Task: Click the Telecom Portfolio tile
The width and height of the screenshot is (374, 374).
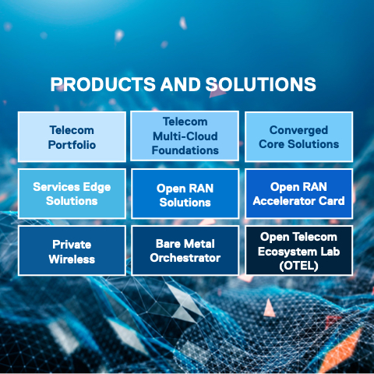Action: tap(72, 137)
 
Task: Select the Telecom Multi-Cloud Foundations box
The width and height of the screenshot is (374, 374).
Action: tap(185, 136)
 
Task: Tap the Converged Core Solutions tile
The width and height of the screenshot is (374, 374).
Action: tap(298, 137)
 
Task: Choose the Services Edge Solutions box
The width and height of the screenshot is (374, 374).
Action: tap(72, 193)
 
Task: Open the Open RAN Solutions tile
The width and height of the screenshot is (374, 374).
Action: tap(185, 193)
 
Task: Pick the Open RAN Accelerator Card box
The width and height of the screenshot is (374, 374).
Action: tap(298, 193)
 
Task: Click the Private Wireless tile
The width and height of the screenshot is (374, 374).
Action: tap(72, 251)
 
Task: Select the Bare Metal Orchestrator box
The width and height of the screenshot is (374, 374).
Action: tap(185, 251)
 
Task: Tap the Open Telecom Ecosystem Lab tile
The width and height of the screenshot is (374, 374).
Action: tap(298, 251)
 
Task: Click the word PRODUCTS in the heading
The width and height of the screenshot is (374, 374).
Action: tap(103, 84)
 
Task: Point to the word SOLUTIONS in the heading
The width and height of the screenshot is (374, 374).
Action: tap(261, 84)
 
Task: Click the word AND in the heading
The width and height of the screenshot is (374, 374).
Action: tap(180, 84)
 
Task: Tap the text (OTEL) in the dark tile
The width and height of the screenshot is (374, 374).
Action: tap(298, 266)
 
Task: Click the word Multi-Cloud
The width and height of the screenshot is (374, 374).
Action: tap(185, 136)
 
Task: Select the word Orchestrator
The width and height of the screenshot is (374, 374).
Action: tap(185, 258)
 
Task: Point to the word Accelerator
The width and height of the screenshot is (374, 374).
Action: tap(284, 201)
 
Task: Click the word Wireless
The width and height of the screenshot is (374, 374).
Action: tap(72, 259)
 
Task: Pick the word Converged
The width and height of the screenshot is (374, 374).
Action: tap(298, 130)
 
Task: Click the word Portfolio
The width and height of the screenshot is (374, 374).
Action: tap(72, 145)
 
